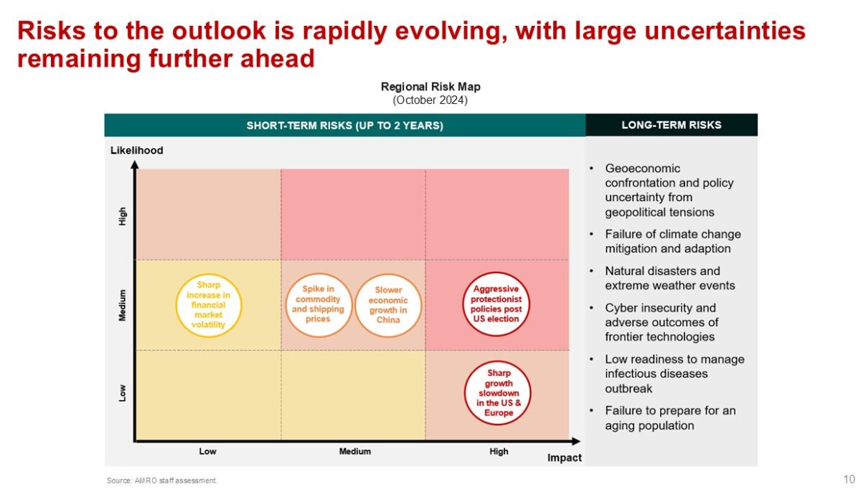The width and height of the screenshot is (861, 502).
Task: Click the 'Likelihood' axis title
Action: tap(137, 150)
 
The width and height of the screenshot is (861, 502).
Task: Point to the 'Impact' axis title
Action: tap(564, 458)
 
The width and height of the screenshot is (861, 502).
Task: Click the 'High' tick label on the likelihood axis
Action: tap(122, 217)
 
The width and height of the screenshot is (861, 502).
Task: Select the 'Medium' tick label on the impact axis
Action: tap(354, 451)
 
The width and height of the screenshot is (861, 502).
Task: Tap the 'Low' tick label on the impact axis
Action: tap(207, 451)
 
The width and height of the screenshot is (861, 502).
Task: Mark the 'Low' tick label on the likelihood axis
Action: tap(122, 393)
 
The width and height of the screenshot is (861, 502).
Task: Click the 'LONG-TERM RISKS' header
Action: tap(672, 125)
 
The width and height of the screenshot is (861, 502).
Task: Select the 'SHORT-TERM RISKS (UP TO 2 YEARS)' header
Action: tap(345, 126)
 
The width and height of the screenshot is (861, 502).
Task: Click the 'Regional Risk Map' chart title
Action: tap(430, 87)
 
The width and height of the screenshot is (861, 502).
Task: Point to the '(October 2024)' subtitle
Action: tap(430, 100)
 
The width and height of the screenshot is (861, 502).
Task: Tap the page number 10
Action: tap(849, 479)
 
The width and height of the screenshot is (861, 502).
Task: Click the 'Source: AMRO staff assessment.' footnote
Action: tap(162, 480)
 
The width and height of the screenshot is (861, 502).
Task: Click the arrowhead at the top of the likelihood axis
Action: tap(135, 165)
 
